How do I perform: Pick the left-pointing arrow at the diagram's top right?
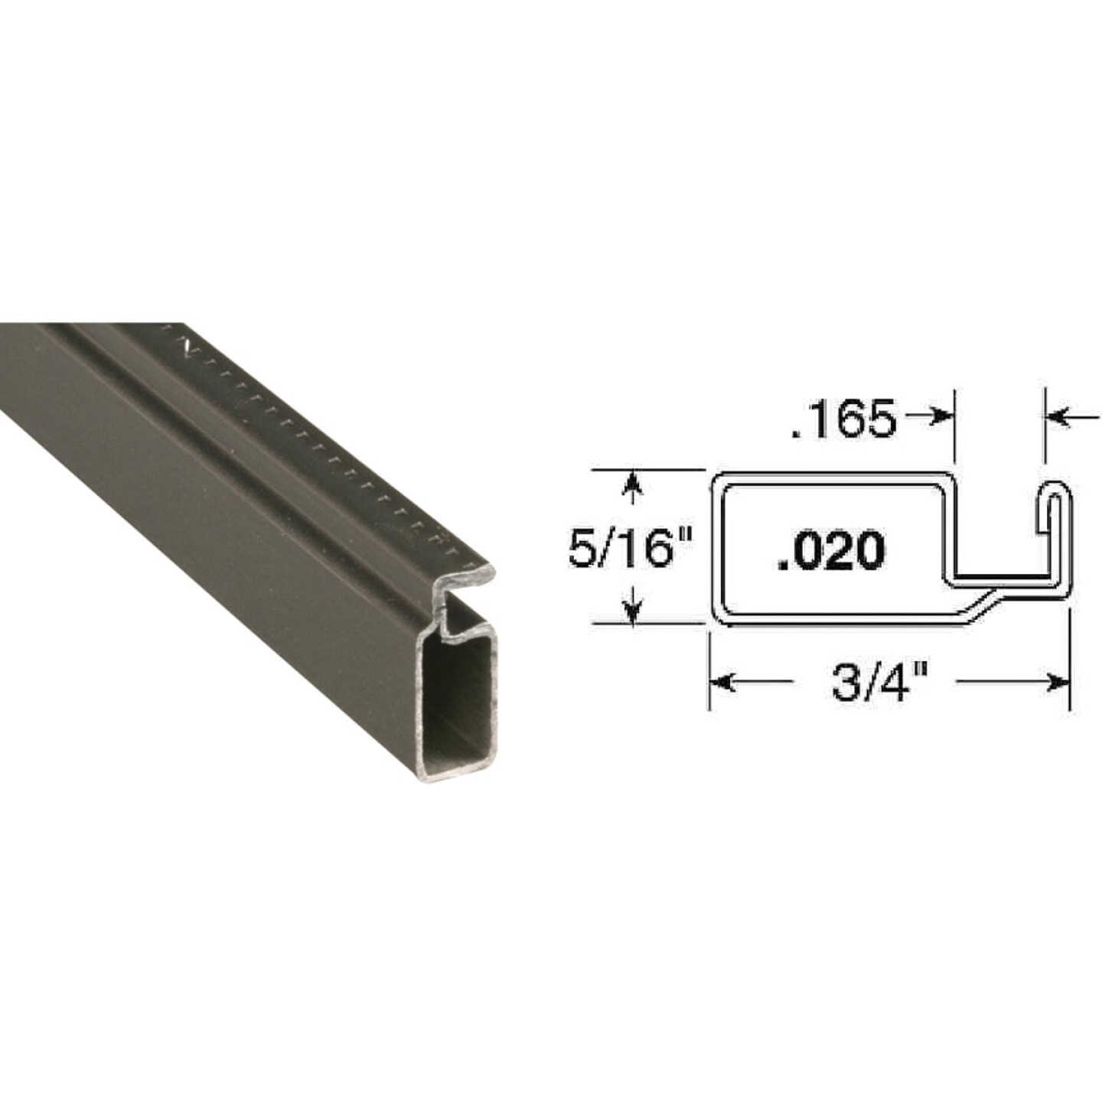click(1058, 416)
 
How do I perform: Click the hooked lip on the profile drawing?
click(1054, 505)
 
